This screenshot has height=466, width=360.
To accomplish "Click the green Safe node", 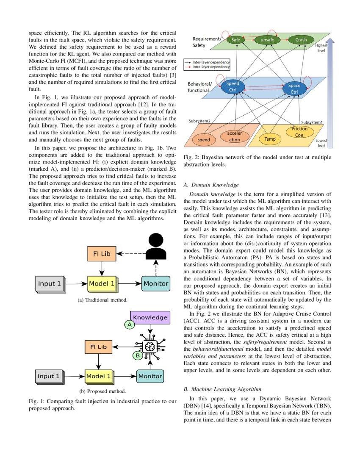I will click(x=236, y=40).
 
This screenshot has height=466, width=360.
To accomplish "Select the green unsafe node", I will click(x=267, y=40).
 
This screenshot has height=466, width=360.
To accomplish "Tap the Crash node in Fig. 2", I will click(x=301, y=40).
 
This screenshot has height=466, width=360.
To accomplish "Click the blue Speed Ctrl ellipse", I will click(x=232, y=87).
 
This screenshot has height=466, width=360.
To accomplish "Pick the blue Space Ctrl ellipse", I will click(x=294, y=89).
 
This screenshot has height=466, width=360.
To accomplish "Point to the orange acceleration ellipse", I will click(x=234, y=136).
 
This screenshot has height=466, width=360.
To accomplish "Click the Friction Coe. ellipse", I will click(x=299, y=131).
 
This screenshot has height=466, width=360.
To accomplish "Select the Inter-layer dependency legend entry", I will click(x=206, y=62).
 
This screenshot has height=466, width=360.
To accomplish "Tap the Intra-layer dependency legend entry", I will click(x=206, y=67).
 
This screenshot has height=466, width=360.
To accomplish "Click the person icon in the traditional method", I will click(x=156, y=247).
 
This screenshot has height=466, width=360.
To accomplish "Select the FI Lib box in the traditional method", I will click(x=102, y=254).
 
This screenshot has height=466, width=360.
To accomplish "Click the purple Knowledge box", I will click(x=150, y=318).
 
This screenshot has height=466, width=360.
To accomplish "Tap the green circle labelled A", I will click(x=128, y=325).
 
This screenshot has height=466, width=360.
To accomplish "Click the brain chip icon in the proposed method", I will click(x=149, y=347).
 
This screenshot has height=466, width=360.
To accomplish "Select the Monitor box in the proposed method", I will click(x=150, y=376).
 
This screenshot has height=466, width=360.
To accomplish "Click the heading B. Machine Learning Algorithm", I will click(x=222, y=389).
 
